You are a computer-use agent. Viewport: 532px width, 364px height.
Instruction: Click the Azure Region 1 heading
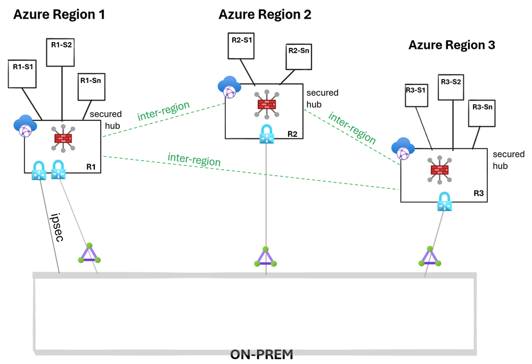pos(59,15)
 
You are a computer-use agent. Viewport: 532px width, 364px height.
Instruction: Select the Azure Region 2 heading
pos(265,15)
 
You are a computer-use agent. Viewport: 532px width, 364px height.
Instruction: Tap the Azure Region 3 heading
pos(452,45)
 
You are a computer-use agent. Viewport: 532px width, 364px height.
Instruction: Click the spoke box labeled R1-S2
pos(62,51)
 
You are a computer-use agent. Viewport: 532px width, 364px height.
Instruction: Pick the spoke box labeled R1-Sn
pos(91,86)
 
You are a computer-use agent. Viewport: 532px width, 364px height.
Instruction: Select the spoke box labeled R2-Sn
pos(299,56)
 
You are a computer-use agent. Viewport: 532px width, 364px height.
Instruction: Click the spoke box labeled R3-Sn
pos(482,112)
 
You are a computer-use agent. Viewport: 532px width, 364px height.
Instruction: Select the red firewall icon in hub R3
pos(440,169)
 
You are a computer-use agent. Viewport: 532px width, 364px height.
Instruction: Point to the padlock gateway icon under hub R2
pos(266,135)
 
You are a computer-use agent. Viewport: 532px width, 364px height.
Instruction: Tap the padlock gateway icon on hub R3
pos(445,203)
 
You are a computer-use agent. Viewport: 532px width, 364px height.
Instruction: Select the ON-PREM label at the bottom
pos(261,354)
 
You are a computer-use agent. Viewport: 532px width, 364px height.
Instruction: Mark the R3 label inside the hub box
pos(478,194)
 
